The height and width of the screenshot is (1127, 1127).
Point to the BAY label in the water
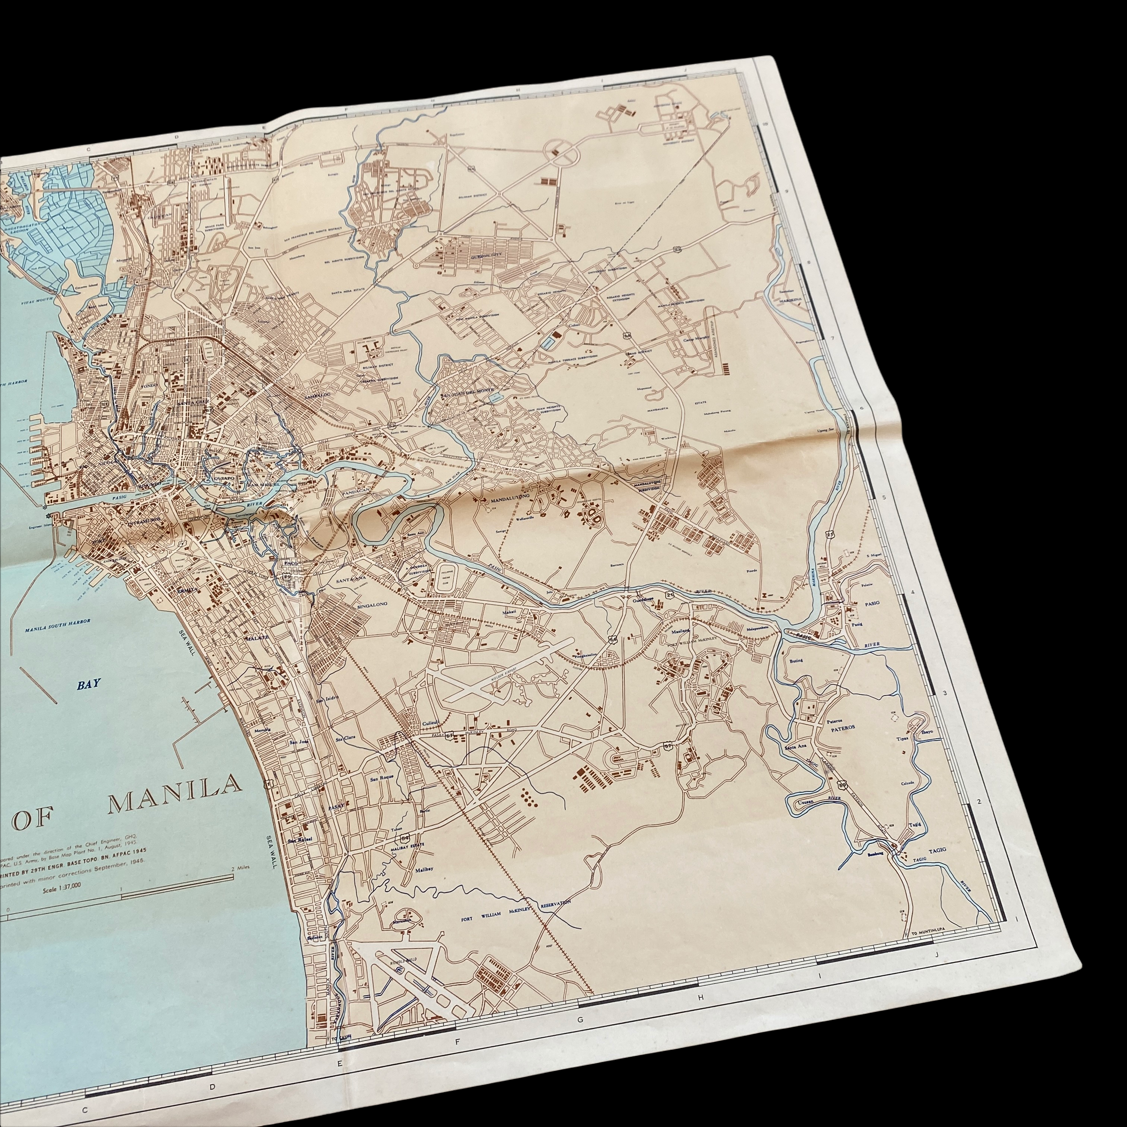(x=89, y=684)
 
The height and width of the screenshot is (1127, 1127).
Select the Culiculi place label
(x=429, y=724)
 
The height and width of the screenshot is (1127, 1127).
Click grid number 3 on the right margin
(x=944, y=693)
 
